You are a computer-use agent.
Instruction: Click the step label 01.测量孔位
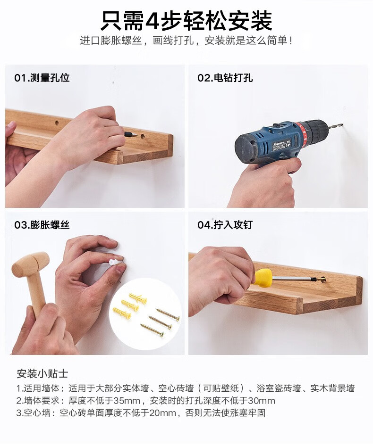(x=42, y=78)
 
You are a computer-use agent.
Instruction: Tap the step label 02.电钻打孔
(x=225, y=78)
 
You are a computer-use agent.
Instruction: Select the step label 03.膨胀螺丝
(x=42, y=225)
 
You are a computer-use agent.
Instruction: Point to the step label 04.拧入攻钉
(x=225, y=225)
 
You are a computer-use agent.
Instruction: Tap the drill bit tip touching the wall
(x=342, y=124)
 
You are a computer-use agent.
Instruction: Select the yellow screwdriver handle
(x=263, y=278)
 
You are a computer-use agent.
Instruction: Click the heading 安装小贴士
(x=42, y=373)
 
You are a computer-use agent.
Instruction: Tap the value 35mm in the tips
(x=127, y=401)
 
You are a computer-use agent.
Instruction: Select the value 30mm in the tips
(x=262, y=401)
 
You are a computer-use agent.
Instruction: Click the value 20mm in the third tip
(x=162, y=413)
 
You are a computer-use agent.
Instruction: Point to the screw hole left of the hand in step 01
(x=57, y=123)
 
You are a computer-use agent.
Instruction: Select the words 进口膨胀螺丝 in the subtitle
(x=111, y=41)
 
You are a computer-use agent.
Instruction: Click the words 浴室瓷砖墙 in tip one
(x=279, y=388)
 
